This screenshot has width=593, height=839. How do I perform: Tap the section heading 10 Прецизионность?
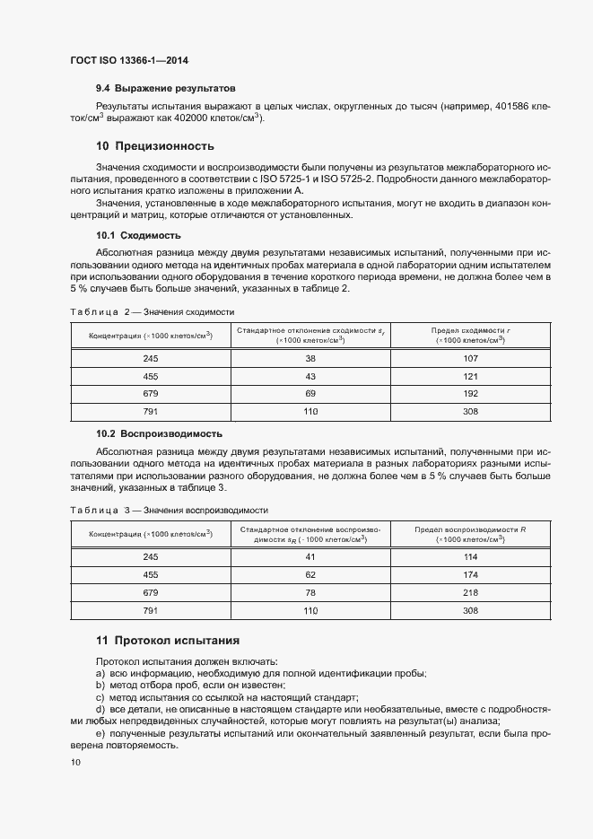tap(154, 146)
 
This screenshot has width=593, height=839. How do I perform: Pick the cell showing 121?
tap(470, 376)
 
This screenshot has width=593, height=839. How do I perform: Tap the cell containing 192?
tap(470, 393)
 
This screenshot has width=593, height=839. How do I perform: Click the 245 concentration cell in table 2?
tap(150, 359)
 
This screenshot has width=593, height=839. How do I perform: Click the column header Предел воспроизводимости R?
tap(470, 534)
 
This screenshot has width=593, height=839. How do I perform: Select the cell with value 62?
tap(310, 574)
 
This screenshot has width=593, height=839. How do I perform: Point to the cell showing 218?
tap(470, 592)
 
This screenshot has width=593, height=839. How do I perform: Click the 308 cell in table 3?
tap(470, 610)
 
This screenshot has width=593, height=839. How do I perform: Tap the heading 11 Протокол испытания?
tap(167, 641)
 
